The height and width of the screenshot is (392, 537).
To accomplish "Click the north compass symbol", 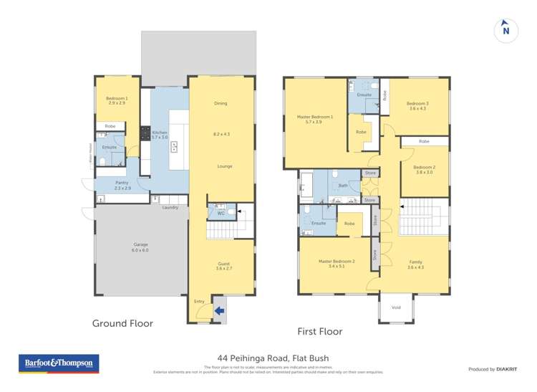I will click(x=505, y=29).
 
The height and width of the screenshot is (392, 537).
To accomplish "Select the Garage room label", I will click(x=121, y=248).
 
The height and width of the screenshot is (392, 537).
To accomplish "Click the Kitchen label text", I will click(x=160, y=134).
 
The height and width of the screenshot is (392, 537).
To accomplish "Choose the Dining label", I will click(x=221, y=103).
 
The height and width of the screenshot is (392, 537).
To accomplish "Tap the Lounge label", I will click(x=225, y=166).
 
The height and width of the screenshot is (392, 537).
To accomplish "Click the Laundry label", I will click(x=170, y=208).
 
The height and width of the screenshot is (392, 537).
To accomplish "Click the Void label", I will click(x=396, y=307).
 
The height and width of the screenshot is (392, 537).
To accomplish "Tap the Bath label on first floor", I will click(x=343, y=185).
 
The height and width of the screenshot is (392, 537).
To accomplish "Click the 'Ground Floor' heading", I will click(x=122, y=323).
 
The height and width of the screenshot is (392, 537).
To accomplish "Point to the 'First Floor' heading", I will click(x=319, y=331).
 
